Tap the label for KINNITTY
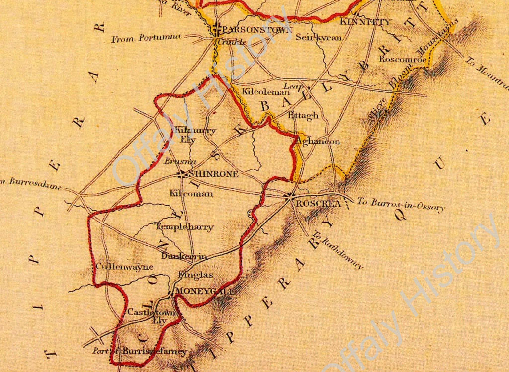tap(365, 22)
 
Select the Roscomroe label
tap(403, 59)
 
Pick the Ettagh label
tap(303, 115)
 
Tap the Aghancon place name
tap(318, 142)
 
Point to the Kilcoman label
tap(191, 193)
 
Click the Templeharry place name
tap(184, 227)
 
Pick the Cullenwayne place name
tap(118, 267)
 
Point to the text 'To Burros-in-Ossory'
tap(401, 204)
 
